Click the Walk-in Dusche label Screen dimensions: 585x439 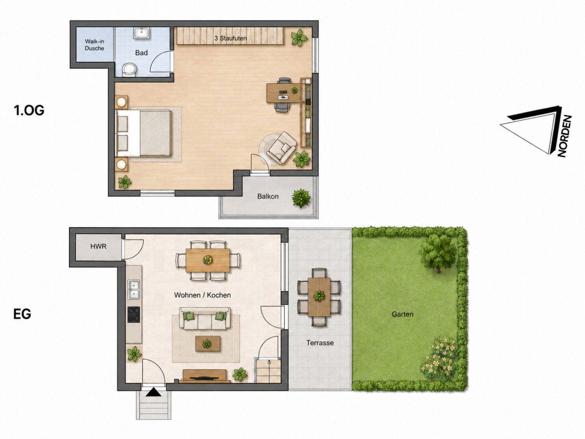(x=94, y=45)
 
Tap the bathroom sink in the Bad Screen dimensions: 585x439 (x=142, y=33)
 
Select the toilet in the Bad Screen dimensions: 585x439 (x=130, y=70)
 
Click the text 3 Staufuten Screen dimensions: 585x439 (x=230, y=38)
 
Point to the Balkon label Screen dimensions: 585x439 (x=268, y=196)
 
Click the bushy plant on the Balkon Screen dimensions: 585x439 (x=301, y=198)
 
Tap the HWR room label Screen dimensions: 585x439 (x=98, y=246)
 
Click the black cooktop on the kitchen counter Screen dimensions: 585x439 (x=134, y=315)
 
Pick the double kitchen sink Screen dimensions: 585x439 (x=134, y=289)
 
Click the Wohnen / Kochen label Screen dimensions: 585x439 (x=202, y=295)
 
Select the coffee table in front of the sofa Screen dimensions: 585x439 (x=208, y=343)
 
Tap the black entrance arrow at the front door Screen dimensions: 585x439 (x=154, y=392)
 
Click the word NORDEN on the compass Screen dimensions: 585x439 (x=565, y=136)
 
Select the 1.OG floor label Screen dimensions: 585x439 (x=29, y=110)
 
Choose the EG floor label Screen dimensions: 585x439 (x=22, y=314)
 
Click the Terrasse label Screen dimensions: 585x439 (x=320, y=343)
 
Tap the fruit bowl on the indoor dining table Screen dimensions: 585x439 (x=208, y=260)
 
